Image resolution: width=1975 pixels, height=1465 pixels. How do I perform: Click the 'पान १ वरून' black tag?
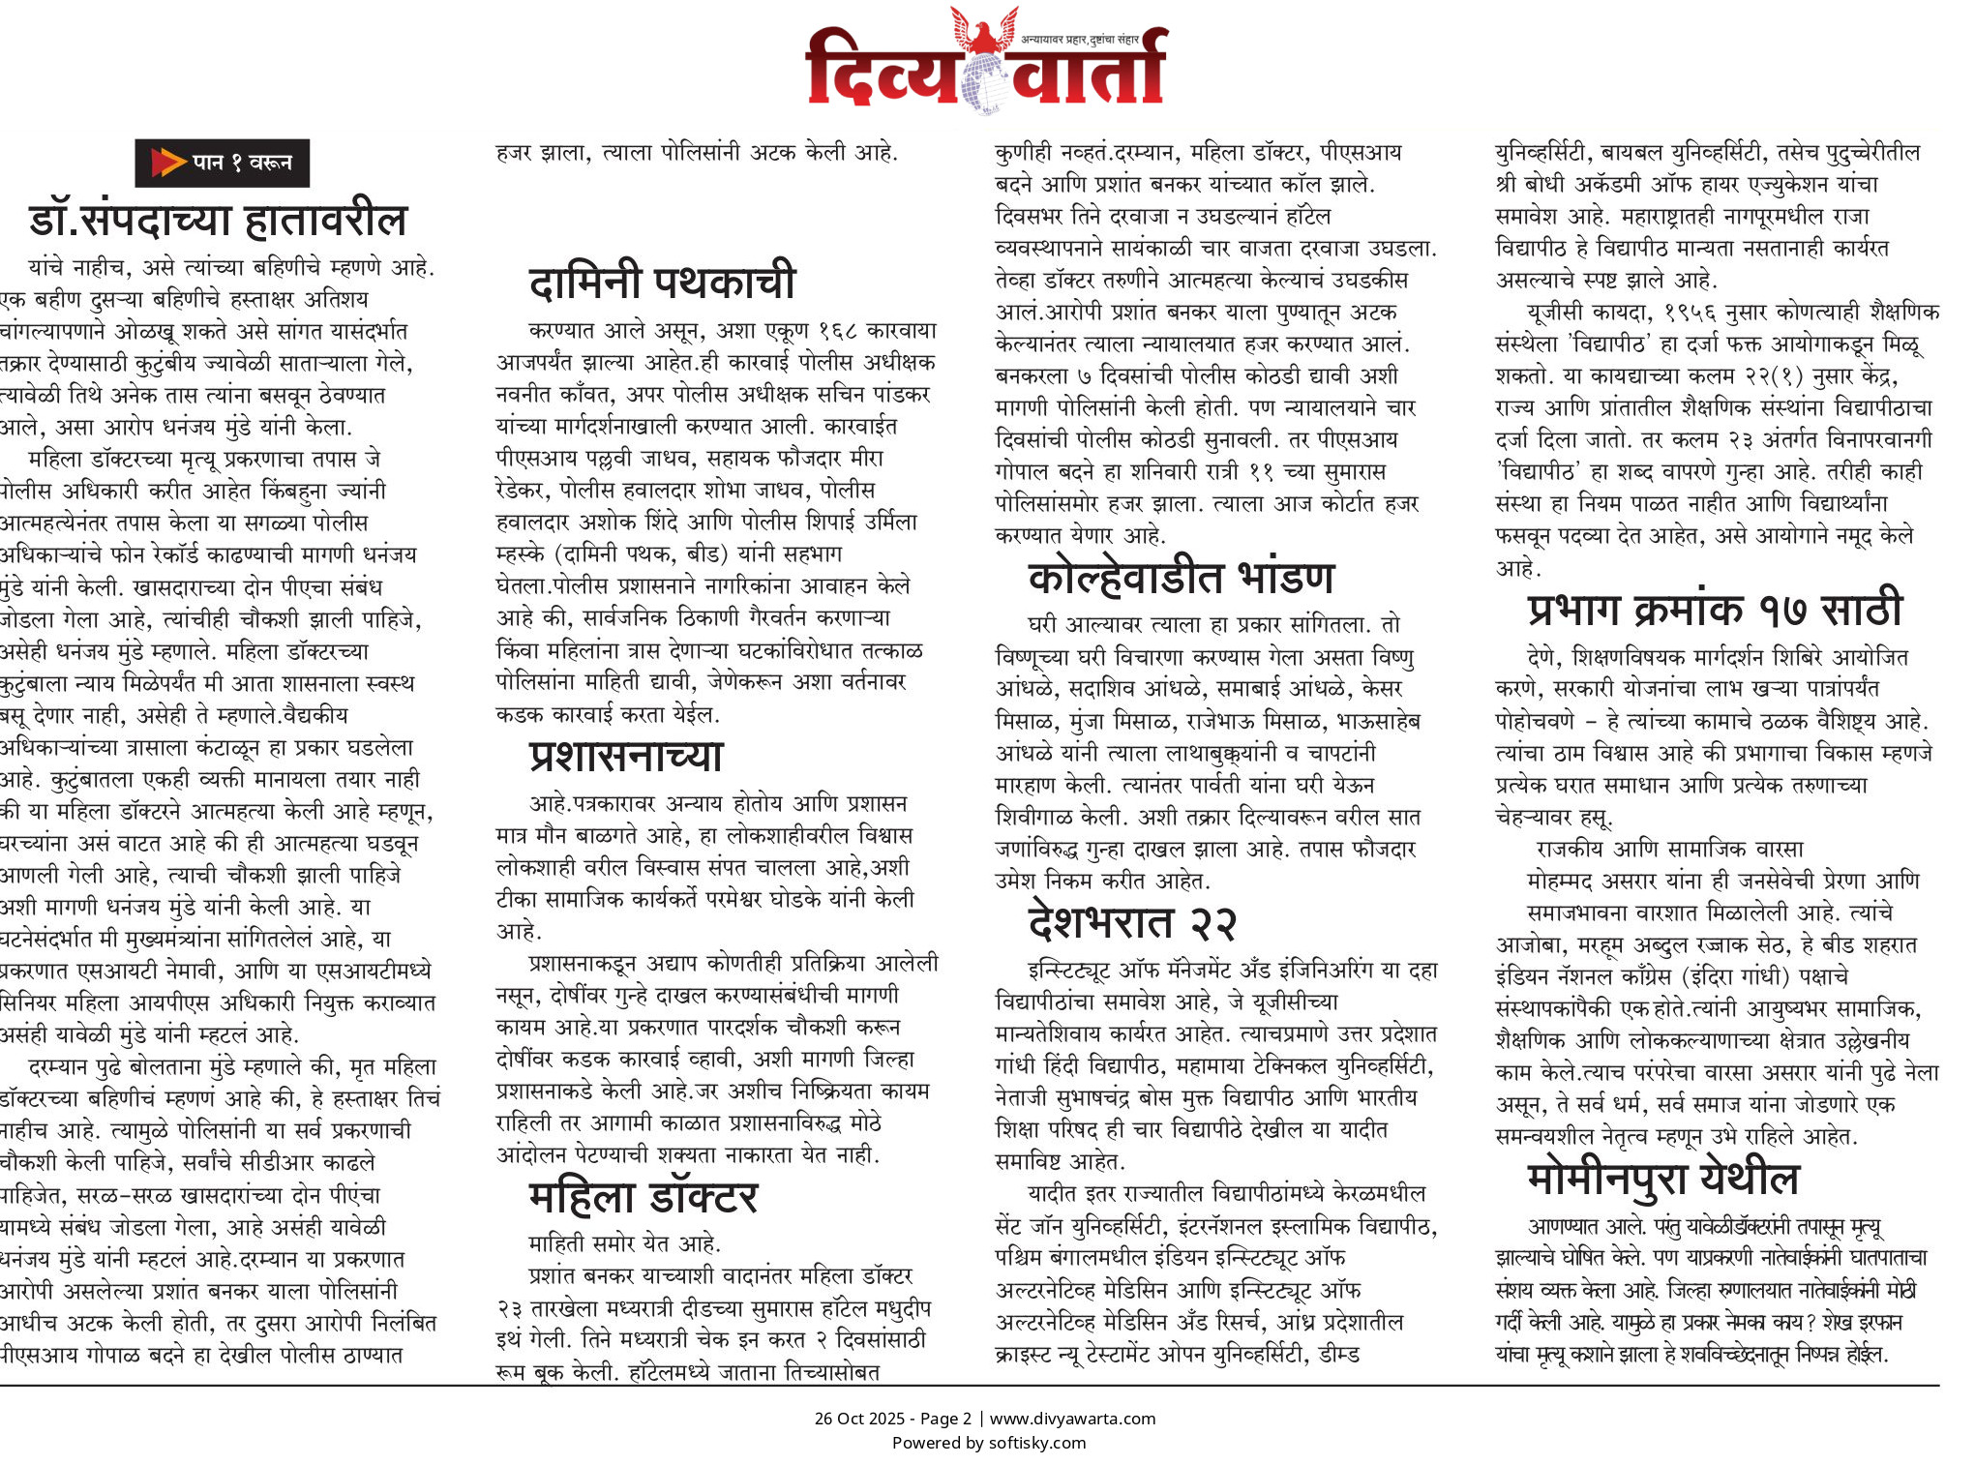(x=222, y=163)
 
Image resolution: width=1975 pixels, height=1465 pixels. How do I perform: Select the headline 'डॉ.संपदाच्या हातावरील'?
(x=218, y=221)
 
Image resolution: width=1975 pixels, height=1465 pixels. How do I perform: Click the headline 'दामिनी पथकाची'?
(x=662, y=282)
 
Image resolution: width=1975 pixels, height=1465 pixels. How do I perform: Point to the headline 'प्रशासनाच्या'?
(x=626, y=756)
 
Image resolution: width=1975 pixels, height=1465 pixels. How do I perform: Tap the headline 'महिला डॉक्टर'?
(x=643, y=1198)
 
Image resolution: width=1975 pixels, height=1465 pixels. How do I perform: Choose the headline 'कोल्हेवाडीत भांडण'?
(x=1181, y=578)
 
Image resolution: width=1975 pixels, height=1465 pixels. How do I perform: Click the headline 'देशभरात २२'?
(x=1131, y=922)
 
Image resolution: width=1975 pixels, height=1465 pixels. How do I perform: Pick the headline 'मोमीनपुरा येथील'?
(x=1662, y=1179)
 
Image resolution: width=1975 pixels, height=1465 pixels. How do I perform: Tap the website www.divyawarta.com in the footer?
(x=1072, y=1419)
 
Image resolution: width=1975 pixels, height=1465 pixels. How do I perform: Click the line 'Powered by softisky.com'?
(x=988, y=1443)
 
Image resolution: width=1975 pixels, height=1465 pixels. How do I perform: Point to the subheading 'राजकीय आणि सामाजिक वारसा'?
(x=1669, y=849)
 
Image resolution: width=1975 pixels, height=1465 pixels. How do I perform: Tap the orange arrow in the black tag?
(x=168, y=163)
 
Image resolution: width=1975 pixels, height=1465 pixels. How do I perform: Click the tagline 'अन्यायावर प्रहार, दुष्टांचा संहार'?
(x=1079, y=40)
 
